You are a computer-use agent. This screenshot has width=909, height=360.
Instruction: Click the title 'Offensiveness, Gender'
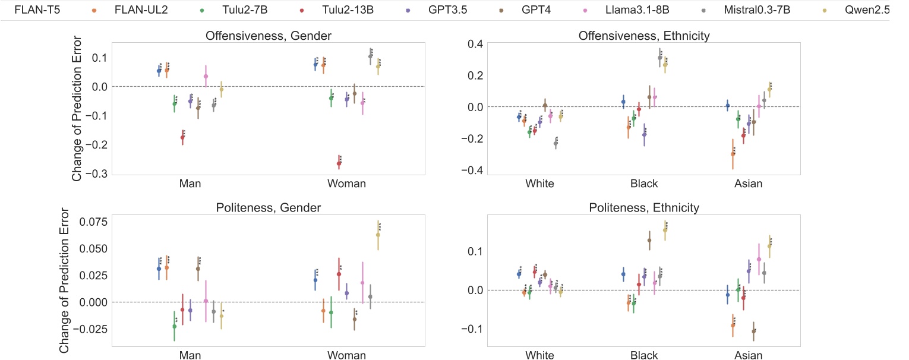268,36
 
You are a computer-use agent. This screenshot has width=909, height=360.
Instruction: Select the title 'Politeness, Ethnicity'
644,208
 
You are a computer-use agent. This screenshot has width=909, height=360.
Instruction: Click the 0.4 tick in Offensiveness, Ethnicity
446,43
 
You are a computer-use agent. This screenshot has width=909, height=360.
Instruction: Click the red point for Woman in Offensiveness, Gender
339,163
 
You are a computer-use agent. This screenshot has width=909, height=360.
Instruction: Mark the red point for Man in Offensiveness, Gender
182,138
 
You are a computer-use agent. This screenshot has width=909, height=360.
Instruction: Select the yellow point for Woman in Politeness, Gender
378,235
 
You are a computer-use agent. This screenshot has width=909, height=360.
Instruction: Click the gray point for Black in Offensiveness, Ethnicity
659,58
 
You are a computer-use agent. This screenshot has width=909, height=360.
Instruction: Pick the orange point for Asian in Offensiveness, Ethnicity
733,154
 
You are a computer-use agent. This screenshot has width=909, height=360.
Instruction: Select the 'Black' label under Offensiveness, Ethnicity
644,184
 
